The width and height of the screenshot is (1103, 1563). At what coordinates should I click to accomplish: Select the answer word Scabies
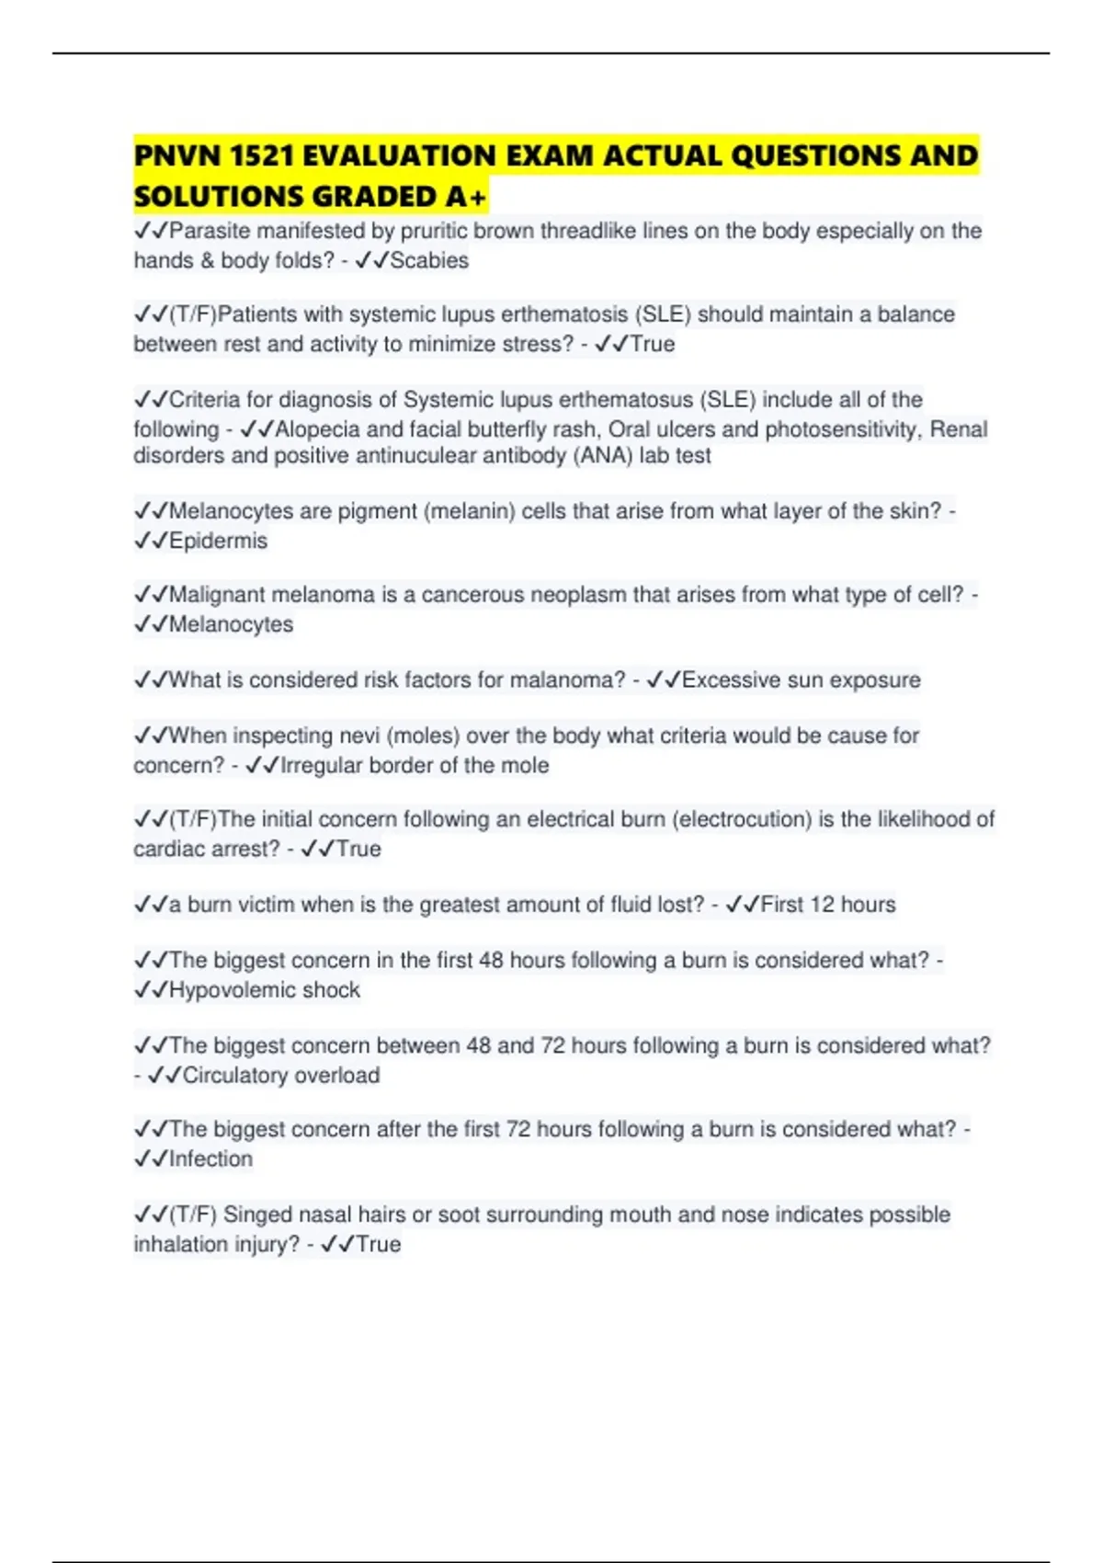(x=429, y=261)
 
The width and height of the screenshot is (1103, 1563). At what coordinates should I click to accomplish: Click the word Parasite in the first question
(x=210, y=231)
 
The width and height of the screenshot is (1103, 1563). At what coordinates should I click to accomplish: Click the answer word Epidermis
(x=218, y=541)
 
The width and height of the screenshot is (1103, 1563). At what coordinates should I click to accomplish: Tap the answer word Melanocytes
(x=231, y=624)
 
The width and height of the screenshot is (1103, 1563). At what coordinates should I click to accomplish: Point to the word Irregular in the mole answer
(x=324, y=765)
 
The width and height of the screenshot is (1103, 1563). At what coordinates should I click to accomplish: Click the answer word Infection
(x=210, y=1159)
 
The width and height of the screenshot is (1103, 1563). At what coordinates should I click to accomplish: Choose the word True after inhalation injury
(x=378, y=1245)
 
